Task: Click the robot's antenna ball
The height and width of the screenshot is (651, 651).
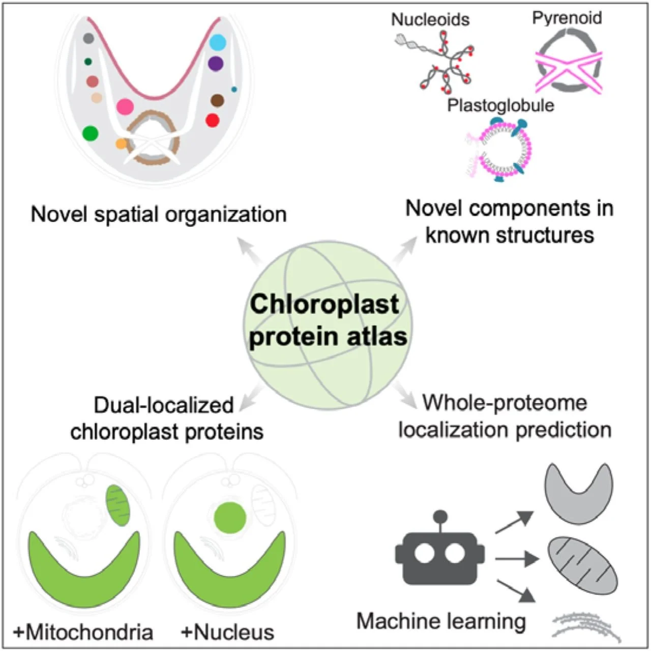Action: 440,517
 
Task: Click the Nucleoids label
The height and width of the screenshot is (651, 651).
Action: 430,19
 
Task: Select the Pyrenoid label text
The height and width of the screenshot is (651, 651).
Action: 567,18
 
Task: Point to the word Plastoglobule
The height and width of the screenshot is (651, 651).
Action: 500,105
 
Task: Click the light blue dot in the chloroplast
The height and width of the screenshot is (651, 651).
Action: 218,42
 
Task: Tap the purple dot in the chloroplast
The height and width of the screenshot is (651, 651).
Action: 216,64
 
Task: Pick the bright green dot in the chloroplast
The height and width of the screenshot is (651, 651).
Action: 91,133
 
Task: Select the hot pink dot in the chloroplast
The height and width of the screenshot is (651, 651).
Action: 125,106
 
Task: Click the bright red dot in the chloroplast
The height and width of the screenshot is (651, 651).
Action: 213,121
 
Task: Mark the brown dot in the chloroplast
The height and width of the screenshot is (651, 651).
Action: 217,100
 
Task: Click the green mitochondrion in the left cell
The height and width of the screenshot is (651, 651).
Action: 117,505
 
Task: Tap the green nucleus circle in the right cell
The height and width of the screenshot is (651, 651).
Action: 230,518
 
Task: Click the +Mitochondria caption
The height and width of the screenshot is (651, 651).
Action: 83,632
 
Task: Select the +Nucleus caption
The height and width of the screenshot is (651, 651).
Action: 227,632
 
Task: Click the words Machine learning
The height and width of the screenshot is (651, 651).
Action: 441,621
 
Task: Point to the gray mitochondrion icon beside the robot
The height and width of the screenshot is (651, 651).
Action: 582,565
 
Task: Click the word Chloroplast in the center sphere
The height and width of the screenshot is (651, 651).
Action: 324,304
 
